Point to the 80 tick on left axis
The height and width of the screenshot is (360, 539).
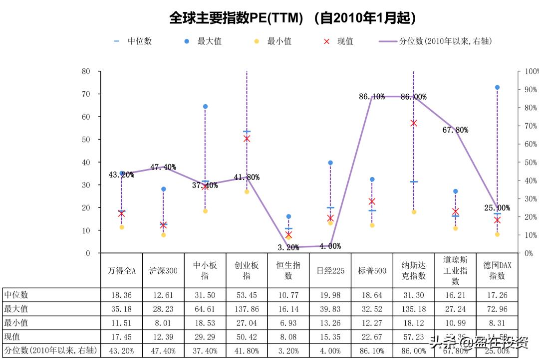point(86,71)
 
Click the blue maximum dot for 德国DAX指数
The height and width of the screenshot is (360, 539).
point(497,87)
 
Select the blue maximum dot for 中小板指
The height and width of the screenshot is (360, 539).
point(205,107)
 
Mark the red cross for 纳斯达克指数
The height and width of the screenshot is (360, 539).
point(414,123)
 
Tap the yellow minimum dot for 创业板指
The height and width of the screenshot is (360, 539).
point(247,191)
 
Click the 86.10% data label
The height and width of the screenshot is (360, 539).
point(372,97)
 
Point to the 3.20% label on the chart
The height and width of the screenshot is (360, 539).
point(288,247)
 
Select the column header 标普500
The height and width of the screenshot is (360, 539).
point(372,271)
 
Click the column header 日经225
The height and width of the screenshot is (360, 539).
point(330,271)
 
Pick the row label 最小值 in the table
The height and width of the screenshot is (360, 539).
point(15,323)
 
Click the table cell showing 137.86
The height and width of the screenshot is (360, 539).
point(247,309)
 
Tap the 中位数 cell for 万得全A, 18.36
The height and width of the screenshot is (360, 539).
point(121,295)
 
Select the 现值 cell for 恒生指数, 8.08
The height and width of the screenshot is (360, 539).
point(288,337)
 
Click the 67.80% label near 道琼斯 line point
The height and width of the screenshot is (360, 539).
point(455,130)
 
